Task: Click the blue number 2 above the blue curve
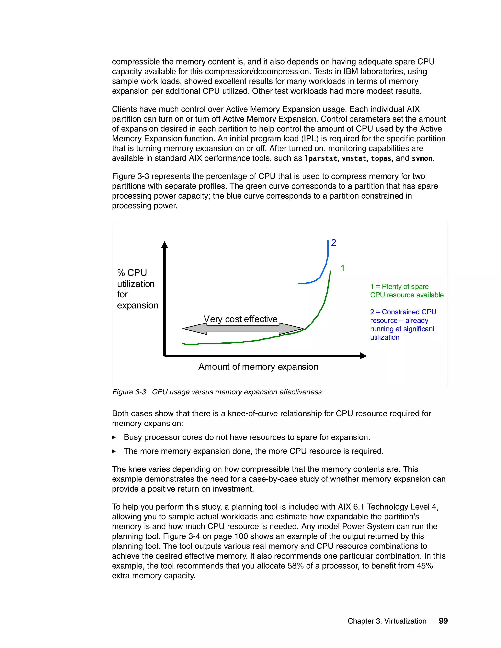[x=334, y=243]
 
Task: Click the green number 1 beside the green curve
[x=342, y=268]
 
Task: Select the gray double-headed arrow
[x=243, y=329]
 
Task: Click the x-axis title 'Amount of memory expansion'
[x=258, y=367]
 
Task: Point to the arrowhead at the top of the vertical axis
[x=164, y=245]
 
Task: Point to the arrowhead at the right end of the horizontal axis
[x=363, y=356]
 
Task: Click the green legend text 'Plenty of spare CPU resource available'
[x=406, y=291]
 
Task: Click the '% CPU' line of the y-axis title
[x=132, y=273]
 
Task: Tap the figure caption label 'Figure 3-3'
[x=129, y=392]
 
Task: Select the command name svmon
[x=422, y=158]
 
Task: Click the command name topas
[x=381, y=158]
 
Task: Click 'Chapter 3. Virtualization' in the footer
[x=387, y=621]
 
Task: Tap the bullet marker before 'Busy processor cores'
[x=114, y=437]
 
